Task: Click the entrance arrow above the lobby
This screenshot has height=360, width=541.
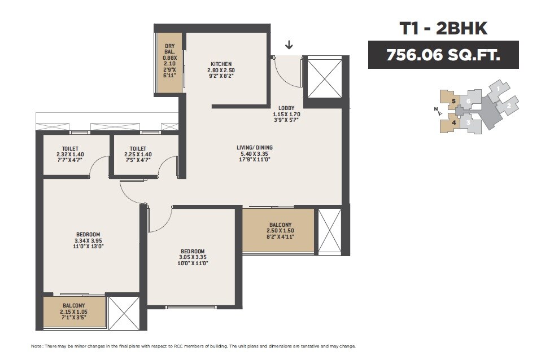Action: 290,45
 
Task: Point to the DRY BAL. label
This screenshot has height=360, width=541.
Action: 169,50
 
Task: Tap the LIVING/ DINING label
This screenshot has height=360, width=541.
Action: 255,148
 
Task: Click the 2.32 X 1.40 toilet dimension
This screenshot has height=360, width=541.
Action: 69,155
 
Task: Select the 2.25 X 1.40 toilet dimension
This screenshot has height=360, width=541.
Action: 138,155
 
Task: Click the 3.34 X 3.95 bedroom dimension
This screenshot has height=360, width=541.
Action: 89,240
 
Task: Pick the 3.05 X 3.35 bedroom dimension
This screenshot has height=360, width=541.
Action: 193,257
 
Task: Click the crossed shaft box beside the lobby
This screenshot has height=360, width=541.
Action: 324,77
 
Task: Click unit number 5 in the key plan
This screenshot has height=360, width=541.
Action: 453,102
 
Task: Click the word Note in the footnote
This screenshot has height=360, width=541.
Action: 37,345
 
